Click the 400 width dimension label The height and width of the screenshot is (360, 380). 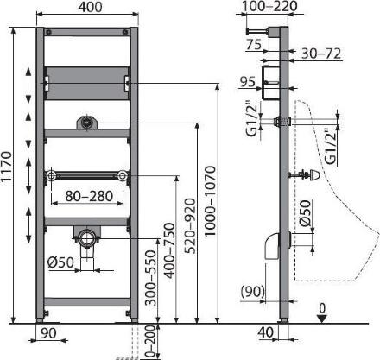pos(91,7)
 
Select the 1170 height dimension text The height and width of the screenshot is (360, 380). pos(6,167)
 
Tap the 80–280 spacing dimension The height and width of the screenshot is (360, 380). pos(89,196)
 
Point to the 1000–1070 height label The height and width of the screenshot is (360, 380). pos(210,201)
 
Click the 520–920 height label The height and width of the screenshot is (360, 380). pos(190,226)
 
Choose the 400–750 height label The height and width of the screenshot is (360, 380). pos(169,250)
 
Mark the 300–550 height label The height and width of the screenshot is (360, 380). pos(150,277)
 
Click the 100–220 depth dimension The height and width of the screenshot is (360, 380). pos(269,6)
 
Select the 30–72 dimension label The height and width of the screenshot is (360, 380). pos(321,54)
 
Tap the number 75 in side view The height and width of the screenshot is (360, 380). pos(254,45)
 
